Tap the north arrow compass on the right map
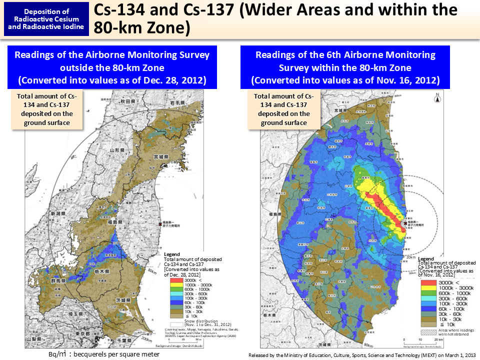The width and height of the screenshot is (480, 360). pyautogui.click(x=437, y=98)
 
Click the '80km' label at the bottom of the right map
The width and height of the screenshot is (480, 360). pyautogui.click(x=368, y=345)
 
